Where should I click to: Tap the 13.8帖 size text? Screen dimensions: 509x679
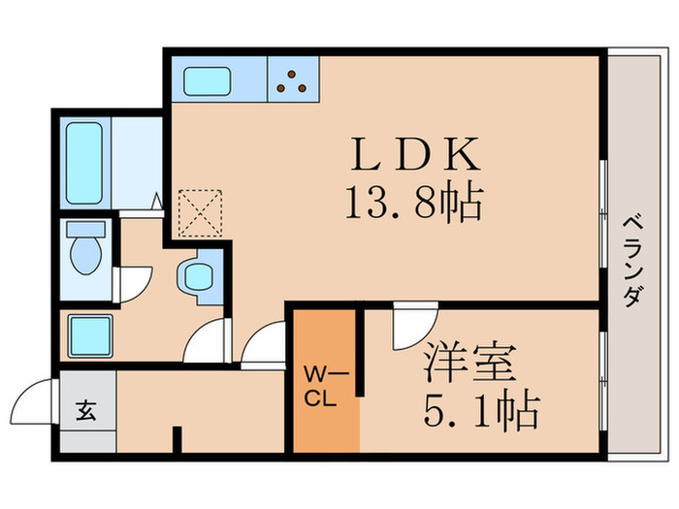412,203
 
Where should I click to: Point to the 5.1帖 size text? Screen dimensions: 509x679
479,413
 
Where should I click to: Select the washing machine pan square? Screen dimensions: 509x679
89,335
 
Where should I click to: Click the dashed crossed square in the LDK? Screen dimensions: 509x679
201,211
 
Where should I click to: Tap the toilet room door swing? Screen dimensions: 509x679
131,281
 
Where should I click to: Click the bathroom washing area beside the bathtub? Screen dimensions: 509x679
136,160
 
